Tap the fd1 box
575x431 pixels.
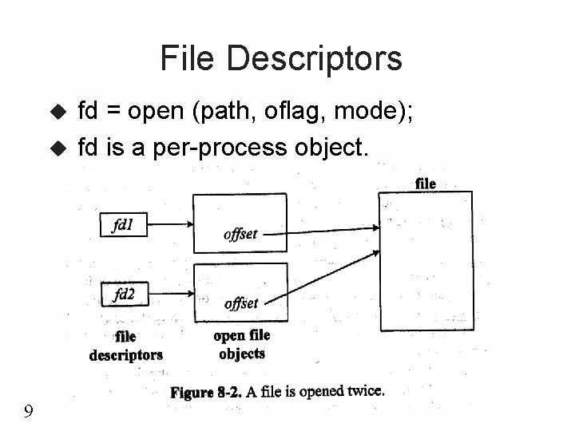[123, 225]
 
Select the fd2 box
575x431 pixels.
[124, 295]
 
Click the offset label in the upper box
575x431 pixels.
[240, 234]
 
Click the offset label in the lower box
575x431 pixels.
[240, 303]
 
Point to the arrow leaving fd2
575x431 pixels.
[169, 295]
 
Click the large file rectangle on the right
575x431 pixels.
[426, 261]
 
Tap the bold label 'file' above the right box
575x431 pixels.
[426, 184]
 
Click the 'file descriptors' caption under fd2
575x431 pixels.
[125, 346]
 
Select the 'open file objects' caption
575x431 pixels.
[240, 345]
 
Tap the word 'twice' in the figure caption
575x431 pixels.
[364, 391]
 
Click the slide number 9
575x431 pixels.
[29, 412]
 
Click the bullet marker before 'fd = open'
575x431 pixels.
[56, 113]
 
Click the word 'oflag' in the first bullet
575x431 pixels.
[295, 112]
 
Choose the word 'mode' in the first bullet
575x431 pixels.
[367, 112]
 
